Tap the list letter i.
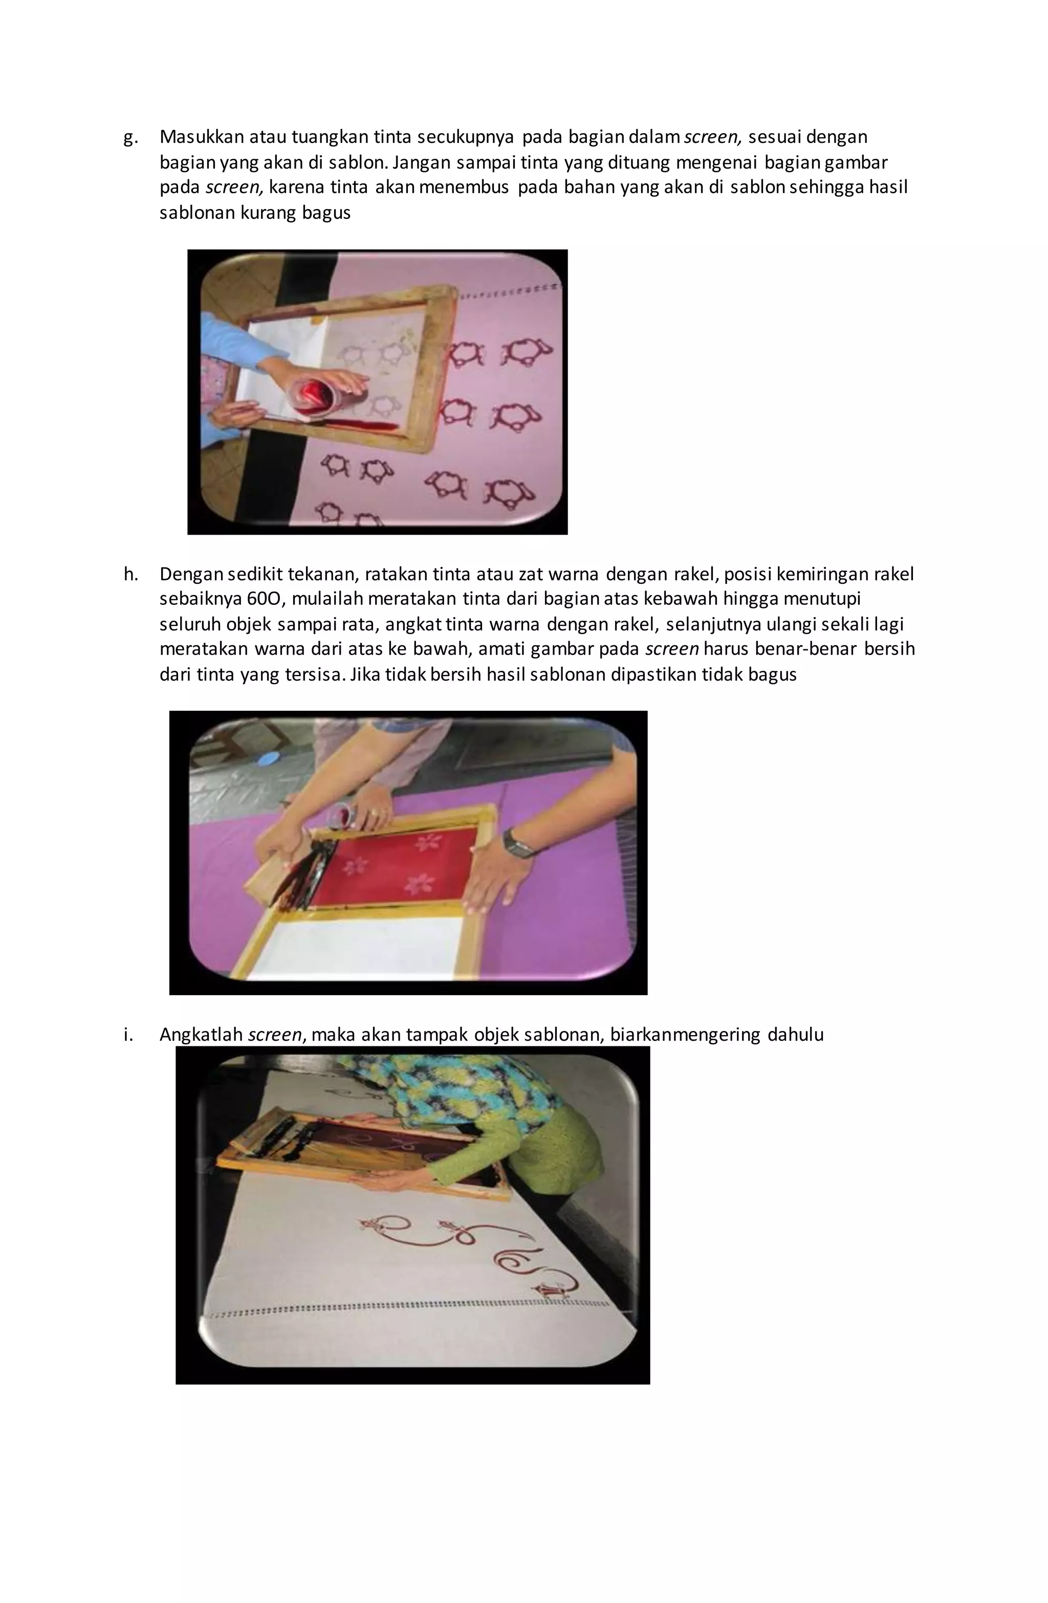pyautogui.click(x=128, y=1035)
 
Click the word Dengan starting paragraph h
pyautogui.click(x=191, y=575)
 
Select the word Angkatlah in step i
pyautogui.click(x=201, y=1035)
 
